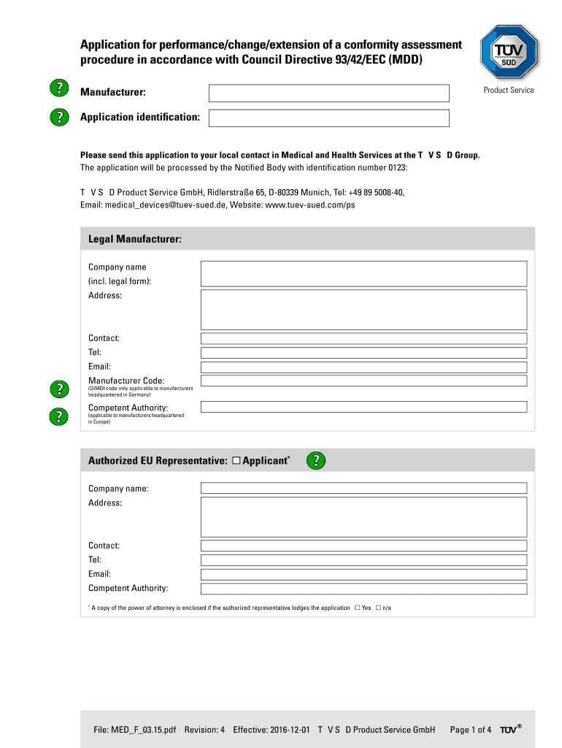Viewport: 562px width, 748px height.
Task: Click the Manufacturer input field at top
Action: tap(328, 93)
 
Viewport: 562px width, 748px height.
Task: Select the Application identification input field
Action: tap(328, 118)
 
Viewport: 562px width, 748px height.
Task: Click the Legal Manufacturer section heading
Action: tap(134, 239)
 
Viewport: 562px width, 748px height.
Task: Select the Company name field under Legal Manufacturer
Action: tap(363, 274)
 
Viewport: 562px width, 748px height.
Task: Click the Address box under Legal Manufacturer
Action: tap(363, 310)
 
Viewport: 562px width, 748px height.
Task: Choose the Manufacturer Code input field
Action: tap(363, 381)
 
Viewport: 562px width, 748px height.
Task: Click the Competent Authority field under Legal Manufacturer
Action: tap(363, 406)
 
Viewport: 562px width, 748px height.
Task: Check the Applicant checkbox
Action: tap(236, 461)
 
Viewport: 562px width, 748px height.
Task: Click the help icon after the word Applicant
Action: tap(315, 460)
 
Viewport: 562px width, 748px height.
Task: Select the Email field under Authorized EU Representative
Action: tap(363, 574)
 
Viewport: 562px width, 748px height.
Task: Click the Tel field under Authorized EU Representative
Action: tap(363, 560)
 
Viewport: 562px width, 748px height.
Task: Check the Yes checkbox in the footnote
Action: tap(357, 608)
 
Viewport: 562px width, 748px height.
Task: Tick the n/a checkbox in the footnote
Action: tap(378, 608)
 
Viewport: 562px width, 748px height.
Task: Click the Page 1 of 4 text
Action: tap(471, 729)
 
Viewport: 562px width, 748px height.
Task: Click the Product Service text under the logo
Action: tap(508, 90)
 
